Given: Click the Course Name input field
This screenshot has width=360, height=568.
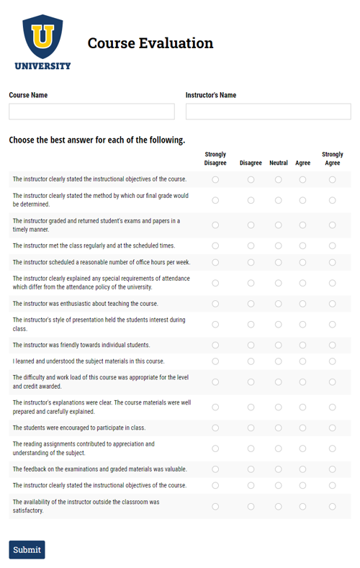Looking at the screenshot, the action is click(91, 112).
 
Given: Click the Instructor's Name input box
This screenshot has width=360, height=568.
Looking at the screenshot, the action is click(268, 112).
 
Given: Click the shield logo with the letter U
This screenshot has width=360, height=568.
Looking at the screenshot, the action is click(42, 37).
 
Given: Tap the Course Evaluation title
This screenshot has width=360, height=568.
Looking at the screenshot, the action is click(150, 43).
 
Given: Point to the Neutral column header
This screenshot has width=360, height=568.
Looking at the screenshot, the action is click(279, 163).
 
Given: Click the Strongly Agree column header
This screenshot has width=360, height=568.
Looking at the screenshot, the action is click(332, 158).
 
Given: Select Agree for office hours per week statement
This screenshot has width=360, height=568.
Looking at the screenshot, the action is click(302, 262).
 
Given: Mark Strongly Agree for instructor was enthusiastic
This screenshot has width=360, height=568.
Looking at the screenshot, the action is click(332, 304).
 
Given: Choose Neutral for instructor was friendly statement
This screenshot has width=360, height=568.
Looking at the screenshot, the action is click(279, 345).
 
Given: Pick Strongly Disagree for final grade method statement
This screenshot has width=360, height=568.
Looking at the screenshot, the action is click(215, 200).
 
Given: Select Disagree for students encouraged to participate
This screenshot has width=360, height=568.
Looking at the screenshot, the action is click(251, 428).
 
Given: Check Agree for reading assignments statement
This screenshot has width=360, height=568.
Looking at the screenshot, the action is click(302, 448).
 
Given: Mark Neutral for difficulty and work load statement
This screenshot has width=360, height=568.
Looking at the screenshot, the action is click(279, 382).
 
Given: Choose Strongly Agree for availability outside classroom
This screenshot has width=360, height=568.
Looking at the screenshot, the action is click(332, 506).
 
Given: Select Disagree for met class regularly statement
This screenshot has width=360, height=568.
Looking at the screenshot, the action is click(251, 245).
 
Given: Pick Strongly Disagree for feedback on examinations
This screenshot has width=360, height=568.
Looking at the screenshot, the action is click(215, 469).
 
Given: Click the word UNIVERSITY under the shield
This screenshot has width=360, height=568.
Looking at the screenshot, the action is click(42, 66).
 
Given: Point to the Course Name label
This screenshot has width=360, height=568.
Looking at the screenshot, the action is click(28, 95).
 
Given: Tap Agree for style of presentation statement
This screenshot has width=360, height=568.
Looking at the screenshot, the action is click(302, 325).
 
